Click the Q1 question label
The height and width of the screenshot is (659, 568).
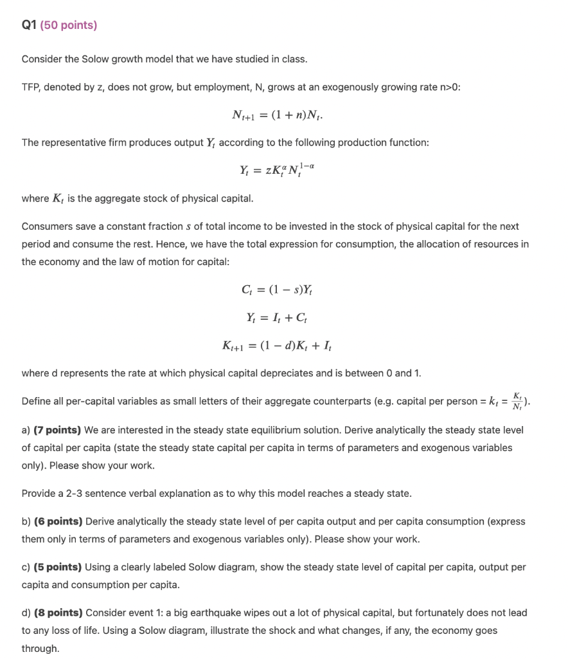pyautogui.click(x=29, y=26)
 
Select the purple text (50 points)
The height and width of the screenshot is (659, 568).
pyautogui.click(x=69, y=26)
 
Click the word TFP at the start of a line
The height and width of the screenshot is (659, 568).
pyautogui.click(x=31, y=88)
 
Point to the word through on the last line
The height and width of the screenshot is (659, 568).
pyautogui.click(x=40, y=649)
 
